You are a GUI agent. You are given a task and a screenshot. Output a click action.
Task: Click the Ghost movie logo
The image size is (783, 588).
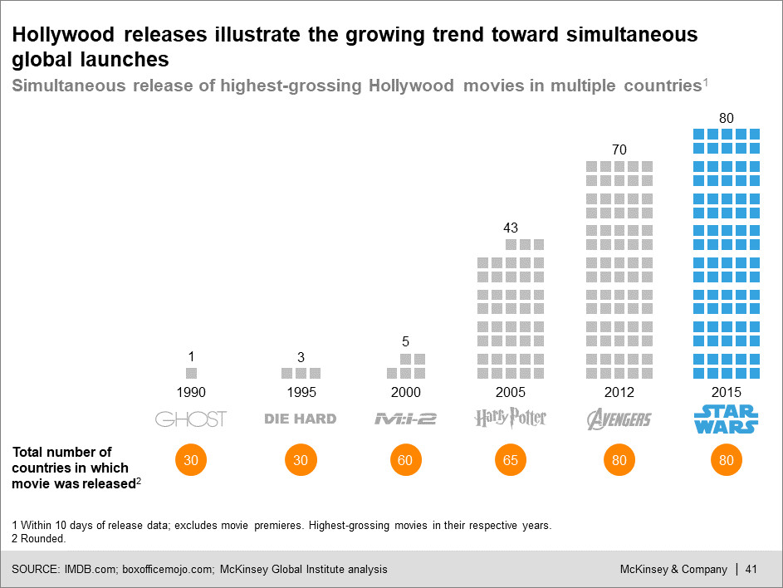(x=191, y=419)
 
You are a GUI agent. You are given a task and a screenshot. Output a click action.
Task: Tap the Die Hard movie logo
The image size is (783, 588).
(x=301, y=419)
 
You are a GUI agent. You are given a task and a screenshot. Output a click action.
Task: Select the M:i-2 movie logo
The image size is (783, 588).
(x=405, y=419)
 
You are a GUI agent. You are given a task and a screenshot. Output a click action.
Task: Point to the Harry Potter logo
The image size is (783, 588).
(x=511, y=418)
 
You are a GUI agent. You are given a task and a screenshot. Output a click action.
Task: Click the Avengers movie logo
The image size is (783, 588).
(x=619, y=419)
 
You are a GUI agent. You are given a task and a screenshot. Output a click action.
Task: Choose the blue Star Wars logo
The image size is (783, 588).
(x=727, y=419)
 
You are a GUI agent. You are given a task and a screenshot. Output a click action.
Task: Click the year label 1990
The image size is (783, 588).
(x=191, y=393)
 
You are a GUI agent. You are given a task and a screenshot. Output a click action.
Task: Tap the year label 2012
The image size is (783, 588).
(x=619, y=393)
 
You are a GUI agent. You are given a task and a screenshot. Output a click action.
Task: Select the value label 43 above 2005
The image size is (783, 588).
(x=511, y=228)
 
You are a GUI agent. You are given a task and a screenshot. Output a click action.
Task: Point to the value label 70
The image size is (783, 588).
(x=619, y=150)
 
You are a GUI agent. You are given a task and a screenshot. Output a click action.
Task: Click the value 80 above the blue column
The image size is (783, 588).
(x=727, y=118)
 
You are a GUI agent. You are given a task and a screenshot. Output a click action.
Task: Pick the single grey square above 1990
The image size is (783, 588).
(x=191, y=374)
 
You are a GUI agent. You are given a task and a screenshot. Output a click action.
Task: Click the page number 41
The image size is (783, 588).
(x=751, y=569)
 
